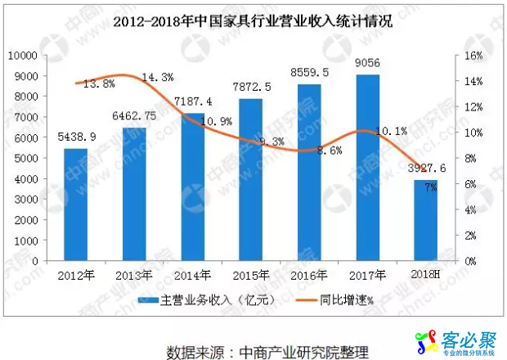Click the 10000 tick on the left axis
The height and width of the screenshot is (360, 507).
point(25,56)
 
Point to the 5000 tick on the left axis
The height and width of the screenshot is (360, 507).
point(29,158)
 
